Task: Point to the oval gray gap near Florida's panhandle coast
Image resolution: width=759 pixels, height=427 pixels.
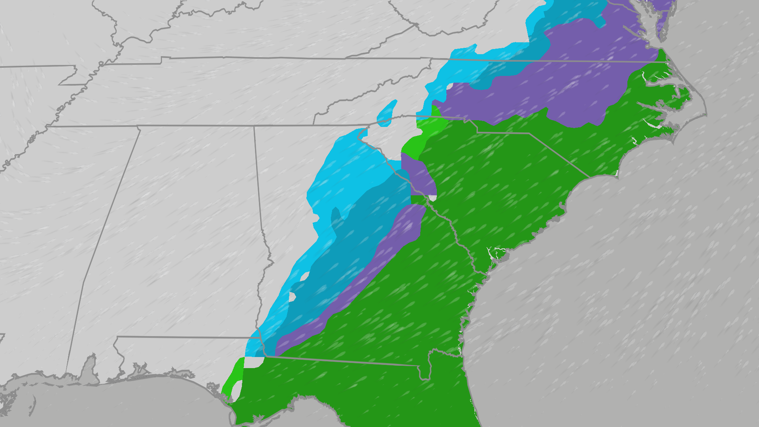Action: (236, 390)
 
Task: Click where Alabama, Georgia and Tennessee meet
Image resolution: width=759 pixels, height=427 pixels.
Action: (254, 126)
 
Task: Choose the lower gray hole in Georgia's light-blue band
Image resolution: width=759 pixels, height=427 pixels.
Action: (293, 297)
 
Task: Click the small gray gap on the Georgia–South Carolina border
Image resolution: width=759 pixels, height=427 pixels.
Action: (433, 198)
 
